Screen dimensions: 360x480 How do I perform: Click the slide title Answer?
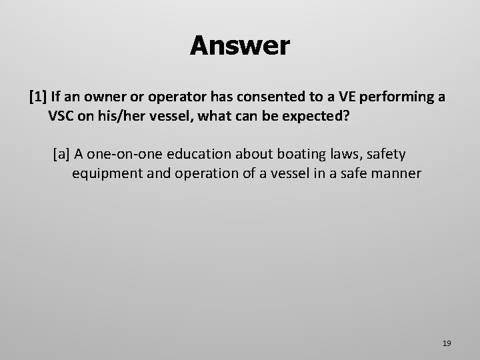[239, 46]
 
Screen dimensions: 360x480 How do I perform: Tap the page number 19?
[447, 343]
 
